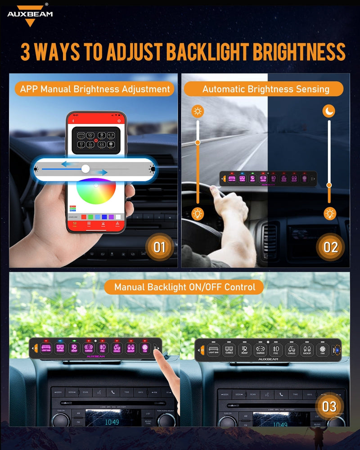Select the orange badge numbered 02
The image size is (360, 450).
click(x=330, y=247)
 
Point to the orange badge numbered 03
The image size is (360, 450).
click(x=329, y=406)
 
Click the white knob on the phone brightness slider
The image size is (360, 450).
click(x=85, y=169)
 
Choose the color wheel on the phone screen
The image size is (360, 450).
click(x=96, y=198)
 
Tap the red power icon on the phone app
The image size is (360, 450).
click(x=95, y=141)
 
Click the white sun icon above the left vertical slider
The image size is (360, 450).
click(x=197, y=111)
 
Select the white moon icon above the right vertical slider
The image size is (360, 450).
click(x=329, y=111)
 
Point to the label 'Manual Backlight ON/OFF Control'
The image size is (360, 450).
click(x=184, y=287)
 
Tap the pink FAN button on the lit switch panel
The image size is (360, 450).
click(x=145, y=348)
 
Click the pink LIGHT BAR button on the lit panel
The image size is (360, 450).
click(x=46, y=348)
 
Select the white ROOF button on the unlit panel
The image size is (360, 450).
click(x=244, y=350)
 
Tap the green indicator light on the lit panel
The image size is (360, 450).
click(x=74, y=341)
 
